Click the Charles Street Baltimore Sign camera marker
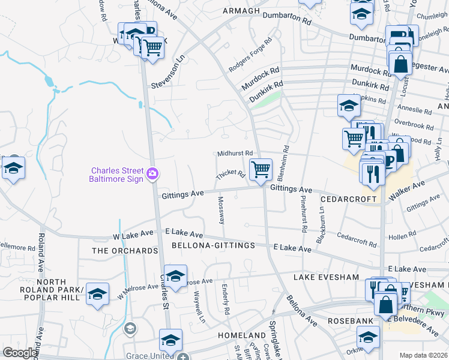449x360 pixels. click(154, 173)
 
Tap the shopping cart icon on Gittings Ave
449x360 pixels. click(261, 170)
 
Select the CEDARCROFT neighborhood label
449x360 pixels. click(348, 199)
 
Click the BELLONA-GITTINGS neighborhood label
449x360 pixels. click(213, 245)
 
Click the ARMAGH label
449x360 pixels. click(241, 11)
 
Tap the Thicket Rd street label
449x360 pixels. click(231, 175)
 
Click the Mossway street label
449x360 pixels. click(221, 210)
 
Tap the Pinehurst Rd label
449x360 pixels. click(304, 214)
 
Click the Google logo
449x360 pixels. click(20, 353)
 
